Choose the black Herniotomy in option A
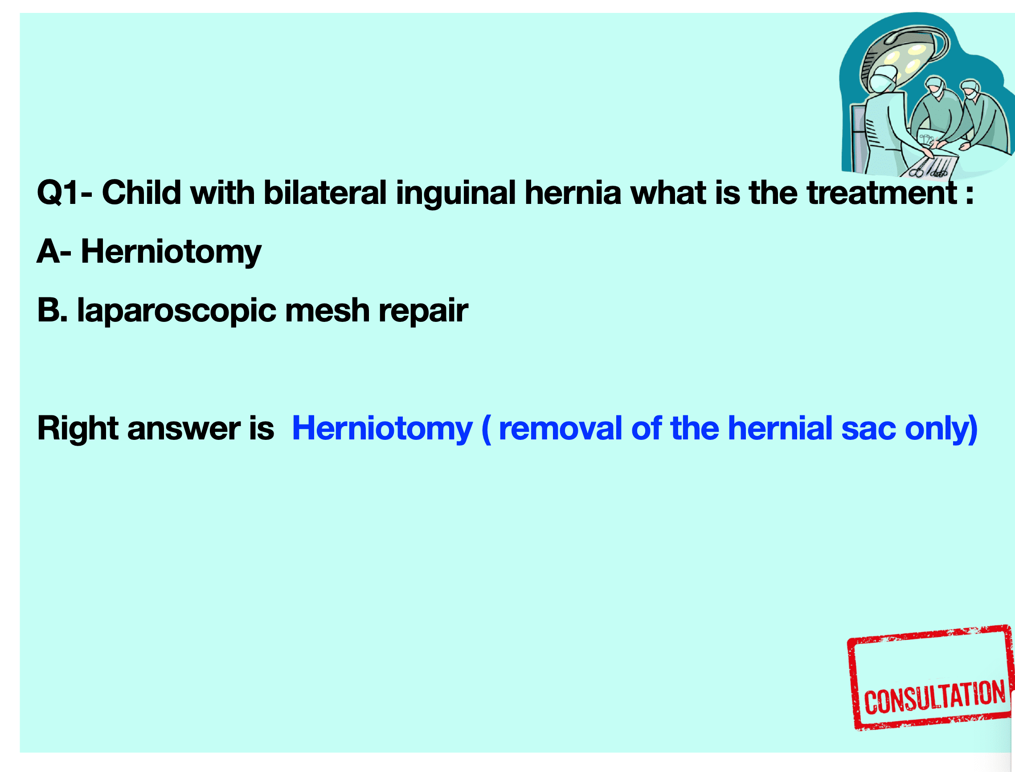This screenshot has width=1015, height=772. point(171,252)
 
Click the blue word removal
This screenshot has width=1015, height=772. point(561,428)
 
